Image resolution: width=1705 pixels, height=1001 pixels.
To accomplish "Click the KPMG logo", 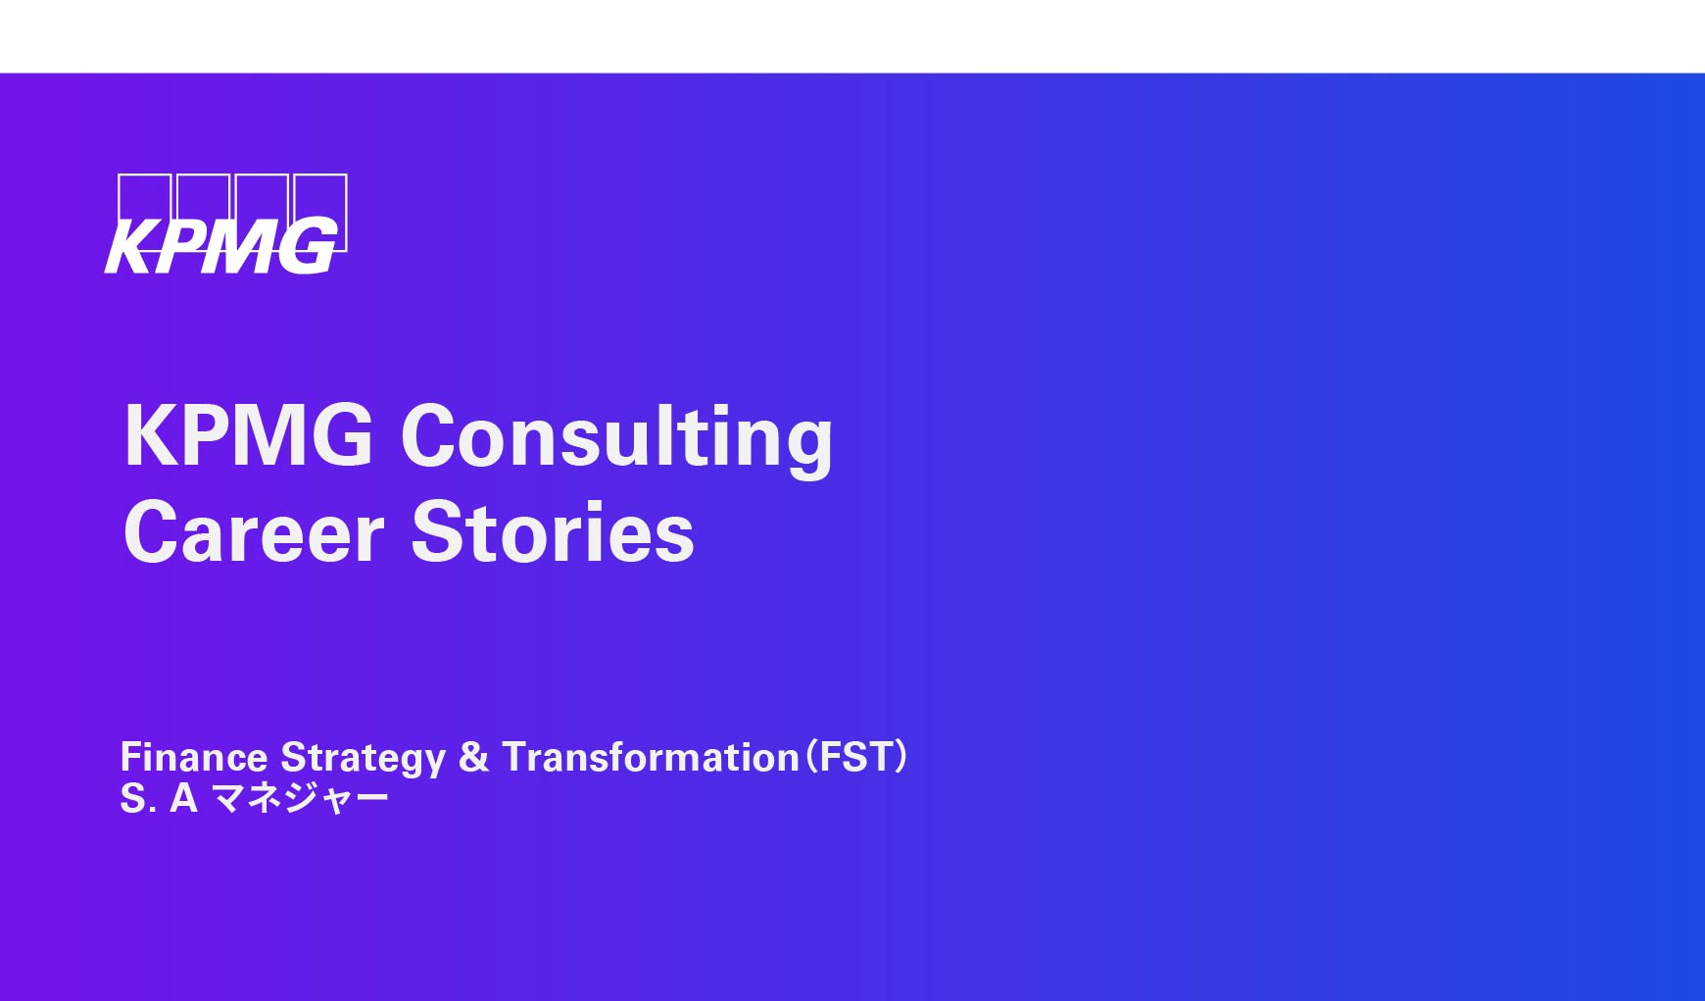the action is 226,224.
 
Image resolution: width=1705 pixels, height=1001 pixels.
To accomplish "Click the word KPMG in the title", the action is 249,435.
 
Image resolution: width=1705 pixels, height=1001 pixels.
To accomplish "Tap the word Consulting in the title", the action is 617,440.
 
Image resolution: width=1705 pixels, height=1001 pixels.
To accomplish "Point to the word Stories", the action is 553,531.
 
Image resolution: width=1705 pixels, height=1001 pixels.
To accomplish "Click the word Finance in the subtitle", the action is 194,757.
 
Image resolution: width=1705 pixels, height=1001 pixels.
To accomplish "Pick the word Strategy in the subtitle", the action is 364,759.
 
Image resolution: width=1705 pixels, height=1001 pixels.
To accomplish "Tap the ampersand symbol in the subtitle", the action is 473,757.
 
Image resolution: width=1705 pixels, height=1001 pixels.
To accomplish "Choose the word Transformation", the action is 651,757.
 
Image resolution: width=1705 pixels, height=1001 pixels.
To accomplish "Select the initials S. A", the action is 159,799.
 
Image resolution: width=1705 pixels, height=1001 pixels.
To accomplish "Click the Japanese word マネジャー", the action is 301,799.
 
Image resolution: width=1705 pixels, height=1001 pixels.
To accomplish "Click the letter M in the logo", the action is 240,246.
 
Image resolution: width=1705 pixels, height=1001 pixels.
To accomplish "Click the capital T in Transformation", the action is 518,757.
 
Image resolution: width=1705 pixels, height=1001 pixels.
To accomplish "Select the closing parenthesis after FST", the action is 901,757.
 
